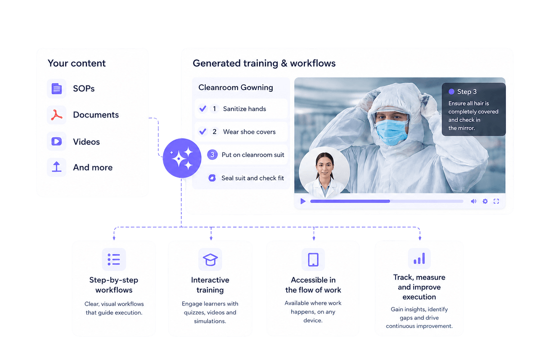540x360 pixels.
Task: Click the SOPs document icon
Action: (57, 89)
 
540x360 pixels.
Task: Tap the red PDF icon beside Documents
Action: (57, 115)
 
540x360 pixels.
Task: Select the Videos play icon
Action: (57, 141)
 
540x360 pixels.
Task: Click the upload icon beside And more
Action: (57, 167)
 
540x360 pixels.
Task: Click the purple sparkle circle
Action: (182, 158)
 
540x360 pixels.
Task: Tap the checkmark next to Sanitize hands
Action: (203, 108)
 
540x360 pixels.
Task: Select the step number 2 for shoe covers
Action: (214, 132)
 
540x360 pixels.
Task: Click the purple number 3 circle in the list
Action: (212, 154)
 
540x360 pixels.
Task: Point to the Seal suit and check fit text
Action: (252, 178)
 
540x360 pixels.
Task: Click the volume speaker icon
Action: (473, 201)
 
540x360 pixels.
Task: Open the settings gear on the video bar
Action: (485, 201)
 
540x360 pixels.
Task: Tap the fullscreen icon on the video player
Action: (496, 201)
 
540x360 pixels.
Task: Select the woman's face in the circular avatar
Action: (324, 166)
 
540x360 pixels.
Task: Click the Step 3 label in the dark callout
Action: (467, 92)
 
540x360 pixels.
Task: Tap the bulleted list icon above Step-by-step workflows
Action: (114, 260)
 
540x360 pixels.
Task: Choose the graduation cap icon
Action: (210, 260)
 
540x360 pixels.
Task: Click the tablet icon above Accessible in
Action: (313, 260)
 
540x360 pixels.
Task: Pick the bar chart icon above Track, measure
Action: (419, 258)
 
